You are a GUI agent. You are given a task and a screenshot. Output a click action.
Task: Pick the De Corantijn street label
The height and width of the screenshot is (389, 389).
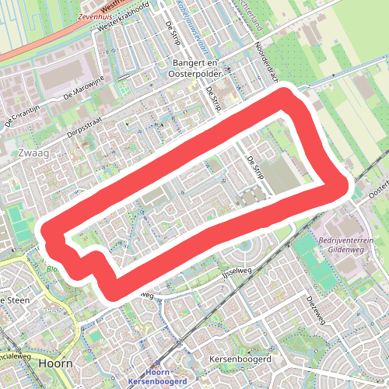tap(21, 115)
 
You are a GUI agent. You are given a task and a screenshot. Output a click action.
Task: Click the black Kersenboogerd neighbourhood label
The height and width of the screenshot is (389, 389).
tap(240, 360)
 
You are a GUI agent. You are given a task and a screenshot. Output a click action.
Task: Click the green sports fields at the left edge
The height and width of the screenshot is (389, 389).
tap(16, 222)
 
